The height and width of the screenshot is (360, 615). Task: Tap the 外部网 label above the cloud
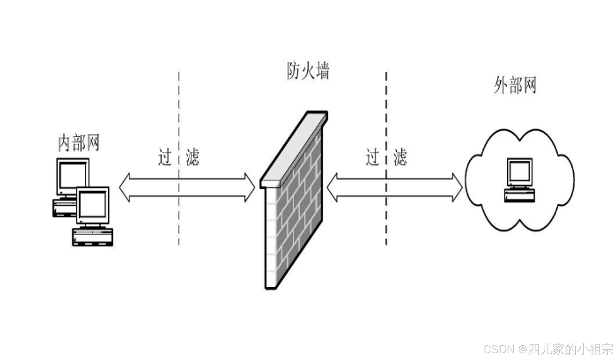pyautogui.click(x=515, y=85)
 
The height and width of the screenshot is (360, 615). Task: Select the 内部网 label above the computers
pyautogui.click(x=78, y=143)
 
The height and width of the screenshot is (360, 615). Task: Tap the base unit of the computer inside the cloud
pyautogui.click(x=519, y=195)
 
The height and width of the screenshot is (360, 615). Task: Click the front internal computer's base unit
pyautogui.click(x=92, y=237)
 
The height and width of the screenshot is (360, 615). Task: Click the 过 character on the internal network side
pyautogui.click(x=165, y=157)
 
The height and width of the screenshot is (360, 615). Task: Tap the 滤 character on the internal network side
pyautogui.click(x=192, y=157)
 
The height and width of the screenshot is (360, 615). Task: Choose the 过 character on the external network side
pyautogui.click(x=372, y=157)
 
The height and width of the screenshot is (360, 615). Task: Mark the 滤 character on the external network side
pyautogui.click(x=400, y=157)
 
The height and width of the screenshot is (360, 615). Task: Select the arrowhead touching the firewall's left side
pyautogui.click(x=250, y=188)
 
